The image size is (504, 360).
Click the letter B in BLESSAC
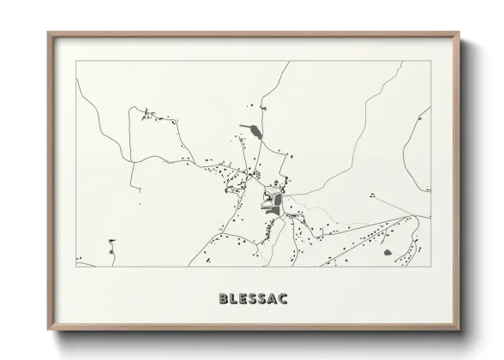click(x=224, y=298)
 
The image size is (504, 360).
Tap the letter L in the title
click(x=234, y=298)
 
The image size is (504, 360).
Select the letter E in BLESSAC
click(x=243, y=298)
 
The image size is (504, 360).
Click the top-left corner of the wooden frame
click(x=48, y=33)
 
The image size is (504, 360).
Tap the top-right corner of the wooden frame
click(x=459, y=33)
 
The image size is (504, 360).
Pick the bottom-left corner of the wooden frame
click(x=48, y=330)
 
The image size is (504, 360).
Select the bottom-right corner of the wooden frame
click(x=459, y=330)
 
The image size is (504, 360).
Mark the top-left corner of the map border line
click(x=75, y=61)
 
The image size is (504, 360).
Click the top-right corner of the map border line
click(x=430, y=61)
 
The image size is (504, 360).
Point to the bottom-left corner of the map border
click(x=75, y=266)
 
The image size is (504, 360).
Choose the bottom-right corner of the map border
click(x=430, y=266)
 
